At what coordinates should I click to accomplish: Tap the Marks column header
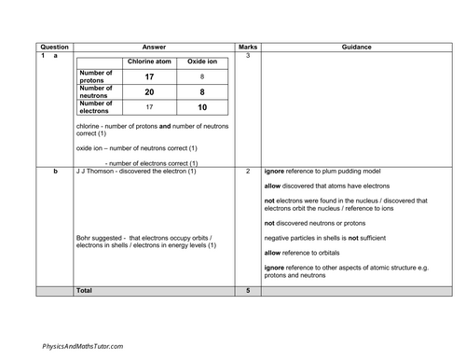[248, 46]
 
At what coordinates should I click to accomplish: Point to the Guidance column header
[356, 46]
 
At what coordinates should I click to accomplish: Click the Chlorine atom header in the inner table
[149, 62]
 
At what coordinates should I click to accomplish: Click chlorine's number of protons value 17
[149, 76]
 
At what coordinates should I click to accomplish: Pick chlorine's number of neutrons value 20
[149, 92]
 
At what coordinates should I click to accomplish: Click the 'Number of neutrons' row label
[97, 92]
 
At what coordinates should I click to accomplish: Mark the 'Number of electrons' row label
[97, 108]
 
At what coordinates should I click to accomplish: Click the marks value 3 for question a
[248, 56]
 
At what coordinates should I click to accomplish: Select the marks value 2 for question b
[248, 172]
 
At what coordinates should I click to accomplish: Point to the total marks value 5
[248, 291]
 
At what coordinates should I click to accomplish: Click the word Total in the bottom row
[85, 291]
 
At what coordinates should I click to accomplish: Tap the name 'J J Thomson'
[96, 172]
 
